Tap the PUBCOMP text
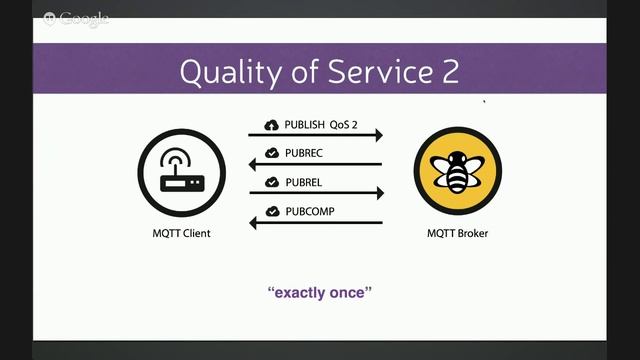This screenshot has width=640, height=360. pos(310,211)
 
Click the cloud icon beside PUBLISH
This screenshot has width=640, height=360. pos(271,124)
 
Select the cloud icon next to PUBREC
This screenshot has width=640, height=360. pos(271,153)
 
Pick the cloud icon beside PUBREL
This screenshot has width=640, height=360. pos(271,182)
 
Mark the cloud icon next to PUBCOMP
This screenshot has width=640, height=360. pos(271,211)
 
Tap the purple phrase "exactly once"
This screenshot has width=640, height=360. pos(320,293)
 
